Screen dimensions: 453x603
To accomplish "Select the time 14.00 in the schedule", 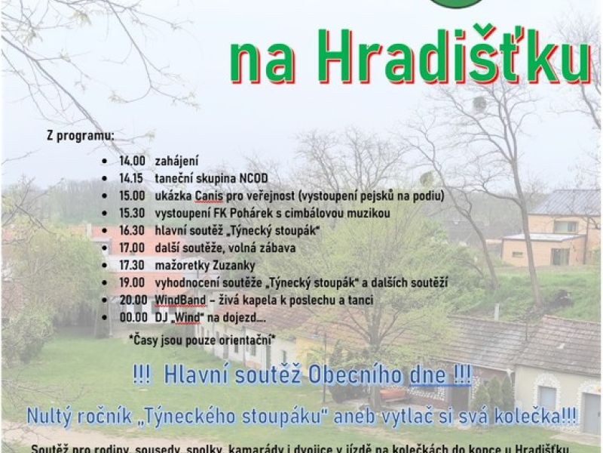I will (x=131, y=161).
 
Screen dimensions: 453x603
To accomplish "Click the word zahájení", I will (x=176, y=161).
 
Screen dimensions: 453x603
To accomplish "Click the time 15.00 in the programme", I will (x=131, y=196).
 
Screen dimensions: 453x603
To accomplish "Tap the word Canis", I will (x=209, y=196).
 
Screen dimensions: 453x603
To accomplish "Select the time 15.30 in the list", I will (x=131, y=213).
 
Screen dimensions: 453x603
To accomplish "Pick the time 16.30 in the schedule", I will (x=131, y=230).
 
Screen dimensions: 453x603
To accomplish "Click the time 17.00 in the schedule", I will (x=131, y=248).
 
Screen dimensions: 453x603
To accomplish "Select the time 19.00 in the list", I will (x=131, y=282).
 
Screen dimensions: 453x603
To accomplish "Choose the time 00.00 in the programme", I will (x=131, y=317).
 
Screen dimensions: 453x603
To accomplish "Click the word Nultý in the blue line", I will (x=51, y=414).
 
